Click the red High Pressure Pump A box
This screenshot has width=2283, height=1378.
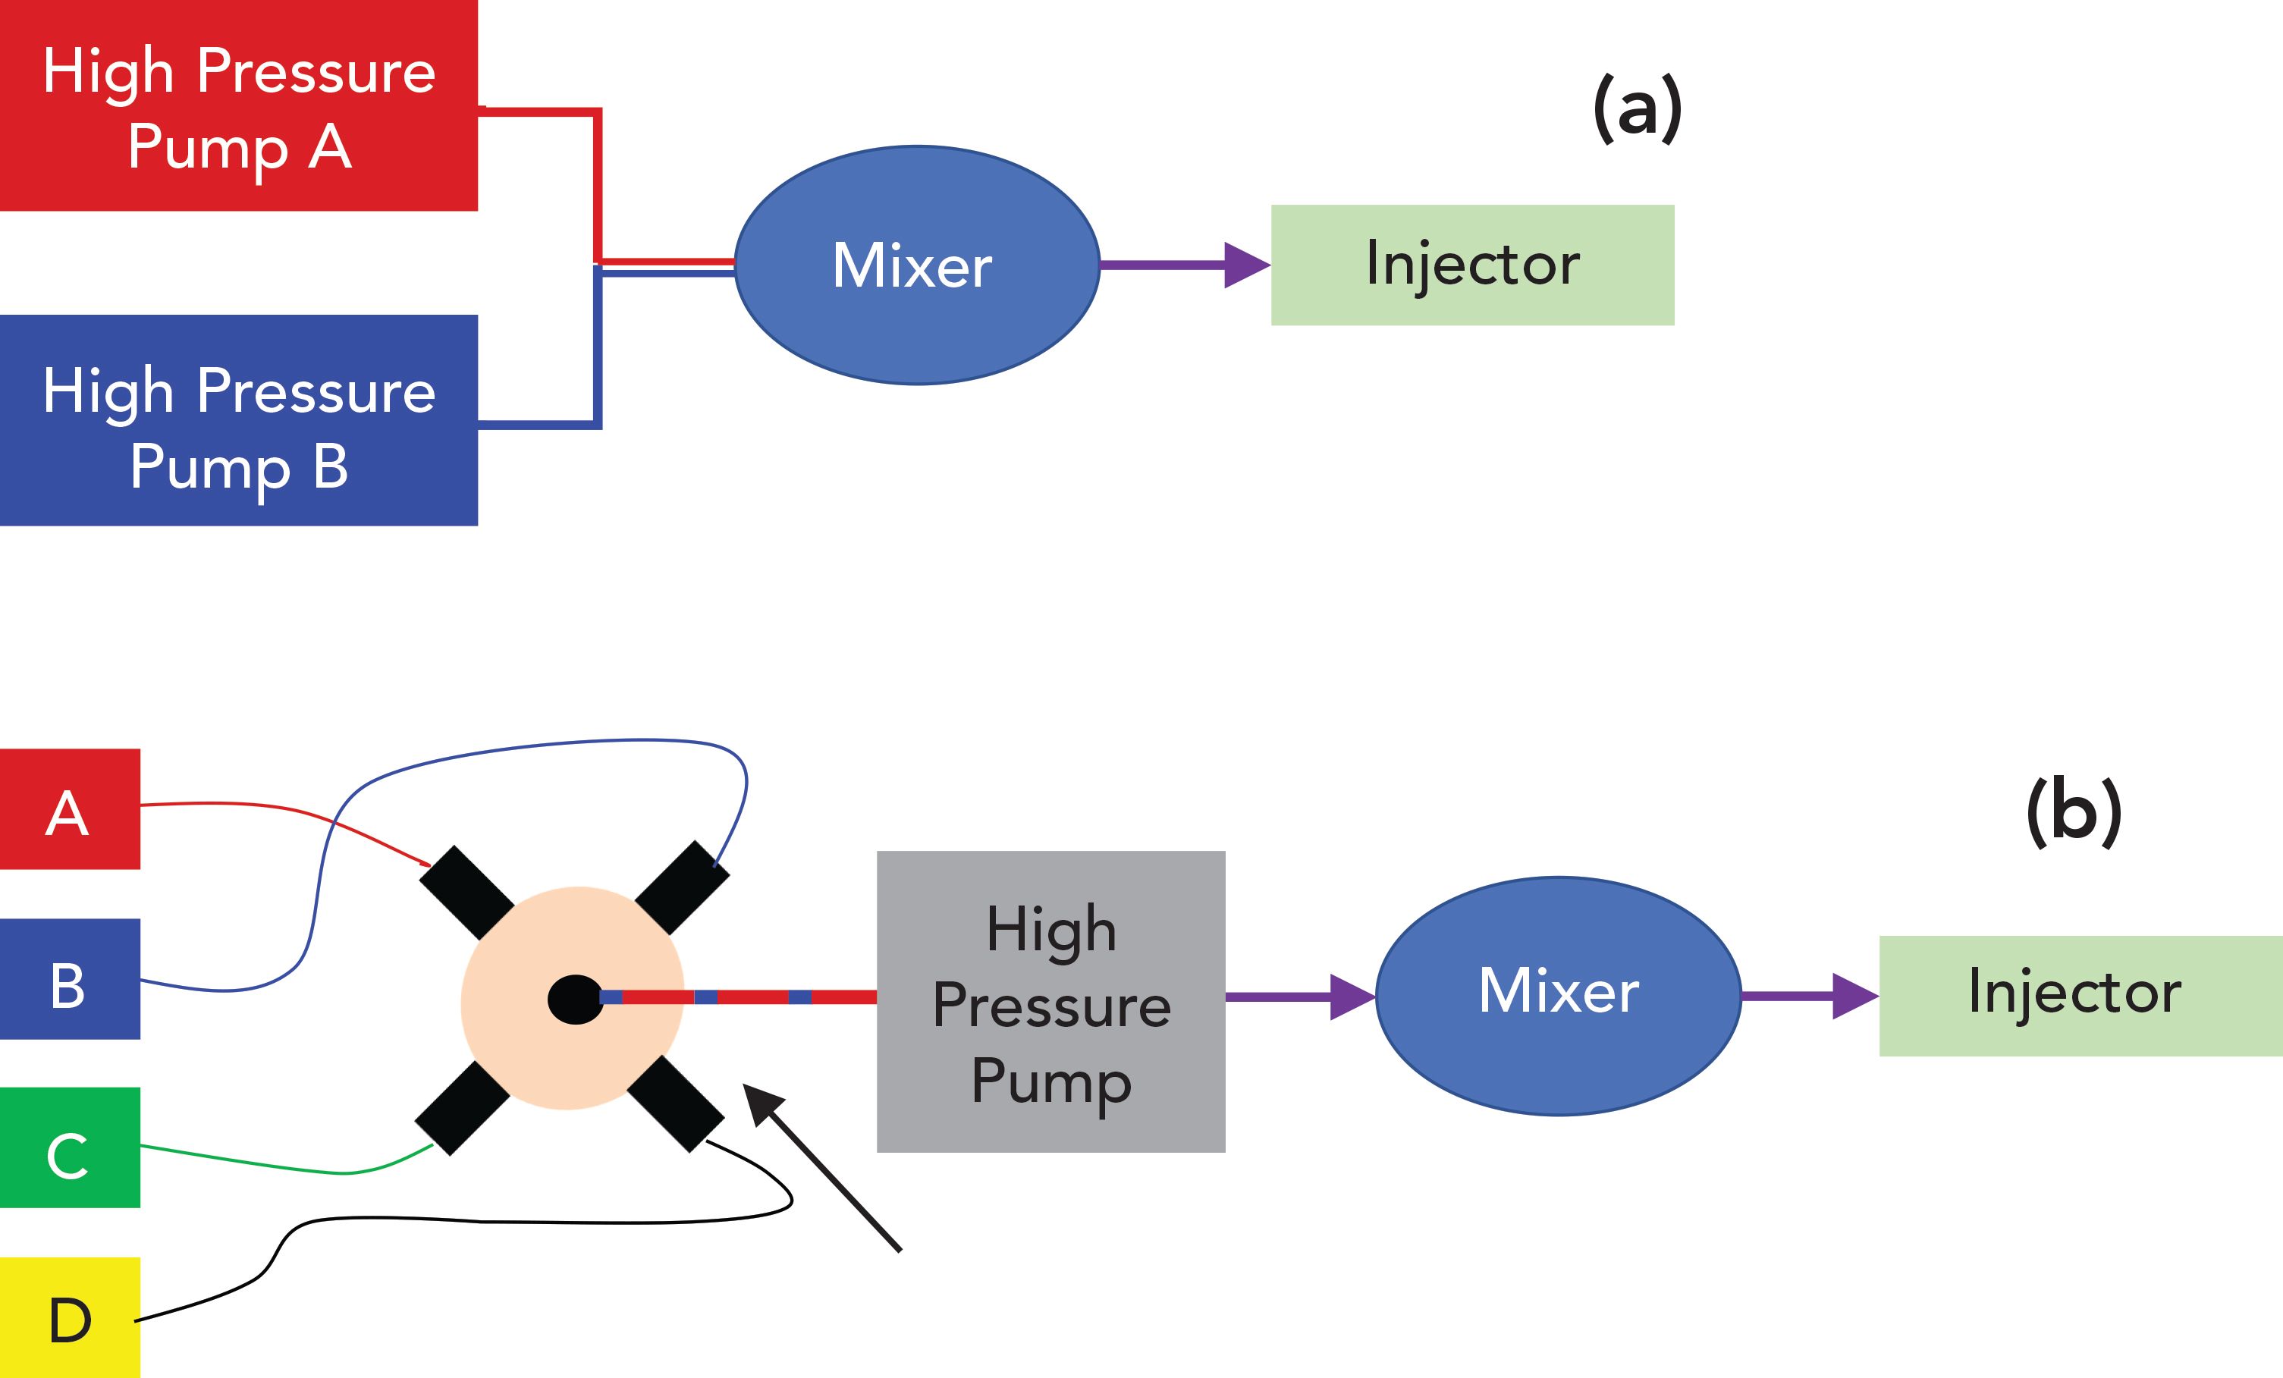[238, 105]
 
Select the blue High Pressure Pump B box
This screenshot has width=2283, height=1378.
[238, 420]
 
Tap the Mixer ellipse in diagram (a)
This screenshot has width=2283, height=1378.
[916, 265]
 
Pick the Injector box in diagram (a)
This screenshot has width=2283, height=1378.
[1471, 265]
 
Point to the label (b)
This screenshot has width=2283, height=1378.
[2074, 811]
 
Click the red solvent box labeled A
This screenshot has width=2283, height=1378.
[70, 809]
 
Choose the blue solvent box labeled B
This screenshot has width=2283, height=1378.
[70, 978]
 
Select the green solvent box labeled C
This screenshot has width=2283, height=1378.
[70, 1147]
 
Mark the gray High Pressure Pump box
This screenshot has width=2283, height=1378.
[1050, 1002]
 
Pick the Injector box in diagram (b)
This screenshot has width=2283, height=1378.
[2080, 997]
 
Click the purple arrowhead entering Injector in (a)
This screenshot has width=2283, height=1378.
[1246, 265]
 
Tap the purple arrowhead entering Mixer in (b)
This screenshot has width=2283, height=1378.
[1352, 997]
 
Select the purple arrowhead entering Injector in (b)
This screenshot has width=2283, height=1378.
[1854, 997]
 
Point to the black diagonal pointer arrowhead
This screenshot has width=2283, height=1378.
[762, 1103]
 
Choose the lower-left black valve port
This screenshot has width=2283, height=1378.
[461, 1108]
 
